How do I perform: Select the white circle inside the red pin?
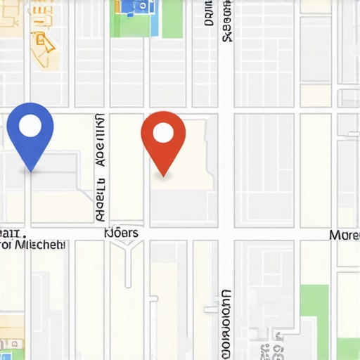[x=163, y=132]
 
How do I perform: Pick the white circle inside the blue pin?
[x=30, y=125]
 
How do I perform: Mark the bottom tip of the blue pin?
[x=30, y=171]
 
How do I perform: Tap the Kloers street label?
[x=121, y=233]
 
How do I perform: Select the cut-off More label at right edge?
[x=344, y=234]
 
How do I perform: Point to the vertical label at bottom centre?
[x=226, y=323]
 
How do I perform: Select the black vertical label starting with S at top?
[x=226, y=21]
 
